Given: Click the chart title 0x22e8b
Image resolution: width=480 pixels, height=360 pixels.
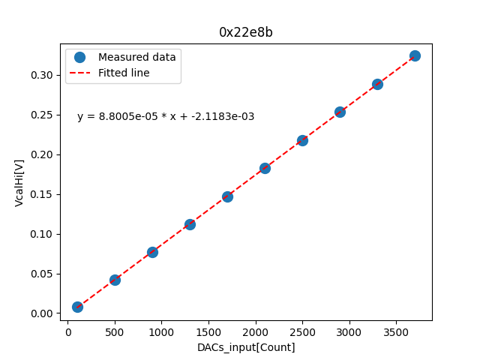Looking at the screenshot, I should [x=245, y=32].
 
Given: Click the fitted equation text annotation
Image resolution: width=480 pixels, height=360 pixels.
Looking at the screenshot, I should [x=166, y=116].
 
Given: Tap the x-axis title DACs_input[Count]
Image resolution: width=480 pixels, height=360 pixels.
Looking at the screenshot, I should [x=246, y=347].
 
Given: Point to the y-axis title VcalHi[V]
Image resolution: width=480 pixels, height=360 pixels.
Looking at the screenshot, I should [x=19, y=182].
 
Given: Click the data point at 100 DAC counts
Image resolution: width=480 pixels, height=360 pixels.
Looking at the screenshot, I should [x=77, y=307].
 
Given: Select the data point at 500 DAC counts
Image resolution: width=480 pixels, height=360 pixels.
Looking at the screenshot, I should [x=115, y=280].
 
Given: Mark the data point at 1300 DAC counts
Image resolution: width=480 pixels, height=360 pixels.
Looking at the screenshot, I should [x=190, y=224].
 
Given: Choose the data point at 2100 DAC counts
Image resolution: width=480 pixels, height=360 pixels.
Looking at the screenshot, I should [x=265, y=168].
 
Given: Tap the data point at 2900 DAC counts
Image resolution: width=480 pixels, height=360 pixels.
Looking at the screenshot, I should [x=340, y=112].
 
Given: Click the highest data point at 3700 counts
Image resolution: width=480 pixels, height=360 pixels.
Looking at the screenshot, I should [x=415, y=55].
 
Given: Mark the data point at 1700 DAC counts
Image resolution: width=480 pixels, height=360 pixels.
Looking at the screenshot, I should [x=227, y=196].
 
